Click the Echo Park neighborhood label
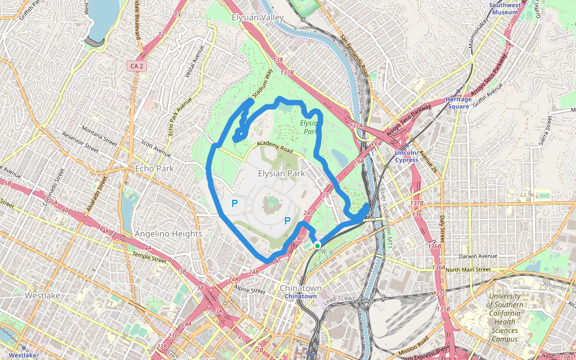tap(154, 169)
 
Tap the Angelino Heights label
tap(169, 233)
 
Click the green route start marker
tap(317, 245)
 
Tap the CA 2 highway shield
tap(136, 65)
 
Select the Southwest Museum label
tap(503, 8)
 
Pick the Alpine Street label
tap(250, 290)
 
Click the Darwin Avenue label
tap(478, 256)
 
